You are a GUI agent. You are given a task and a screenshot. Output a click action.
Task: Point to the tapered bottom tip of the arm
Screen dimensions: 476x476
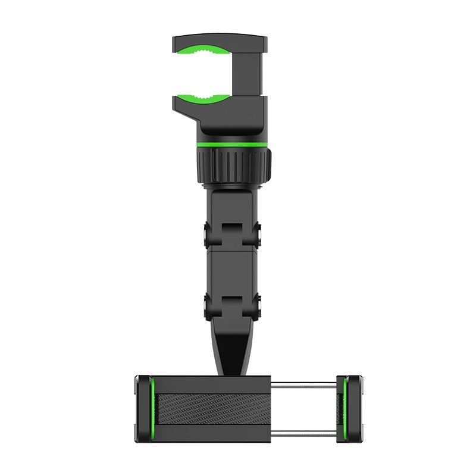[232, 357]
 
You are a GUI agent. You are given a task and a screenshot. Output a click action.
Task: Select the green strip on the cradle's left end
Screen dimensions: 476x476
[152, 407]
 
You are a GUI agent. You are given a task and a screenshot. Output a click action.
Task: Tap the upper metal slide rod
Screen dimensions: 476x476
[303, 383]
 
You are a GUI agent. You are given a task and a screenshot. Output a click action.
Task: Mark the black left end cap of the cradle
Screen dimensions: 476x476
[141, 407]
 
